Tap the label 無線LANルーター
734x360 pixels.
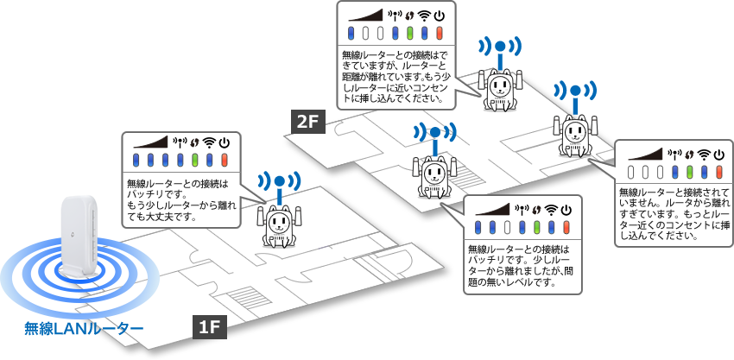(83, 328)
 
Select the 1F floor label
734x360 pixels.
(208, 327)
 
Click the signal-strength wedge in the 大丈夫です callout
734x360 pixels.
(149, 142)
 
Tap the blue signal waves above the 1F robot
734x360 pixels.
(277, 182)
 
